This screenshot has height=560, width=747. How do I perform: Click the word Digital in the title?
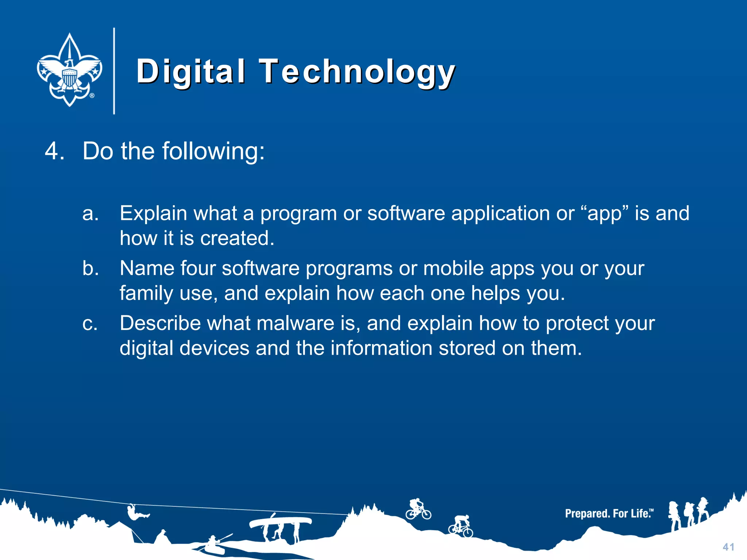pos(190,71)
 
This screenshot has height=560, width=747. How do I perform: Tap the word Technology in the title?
pos(357,71)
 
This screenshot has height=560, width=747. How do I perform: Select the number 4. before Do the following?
pos(55,151)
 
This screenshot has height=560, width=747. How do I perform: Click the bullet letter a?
pos(90,214)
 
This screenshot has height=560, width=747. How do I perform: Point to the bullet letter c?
pos(90,323)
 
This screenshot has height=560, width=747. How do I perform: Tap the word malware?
pos(295,323)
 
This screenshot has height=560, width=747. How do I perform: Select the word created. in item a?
pos(237,238)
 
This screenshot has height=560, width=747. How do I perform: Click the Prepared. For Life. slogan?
pos(609,514)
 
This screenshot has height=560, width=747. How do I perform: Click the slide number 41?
pos(728,547)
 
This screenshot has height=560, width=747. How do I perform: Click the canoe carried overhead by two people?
pos(280,522)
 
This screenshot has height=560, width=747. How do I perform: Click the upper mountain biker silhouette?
pos(418,509)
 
